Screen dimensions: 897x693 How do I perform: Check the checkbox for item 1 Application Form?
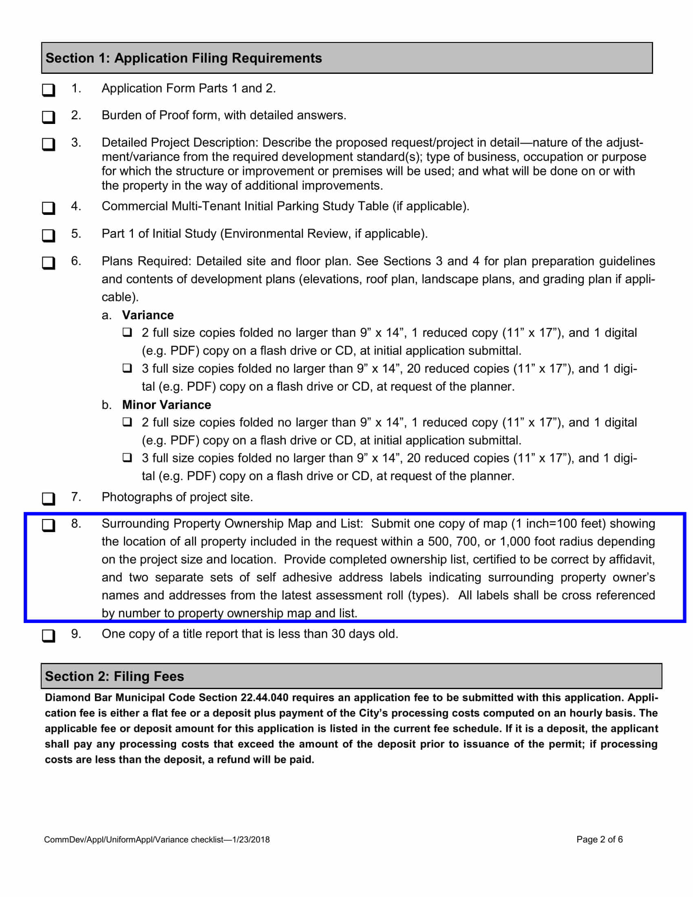click(49, 90)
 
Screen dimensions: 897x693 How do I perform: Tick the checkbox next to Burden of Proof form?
click(49, 117)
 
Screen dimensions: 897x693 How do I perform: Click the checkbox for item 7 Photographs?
click(49, 499)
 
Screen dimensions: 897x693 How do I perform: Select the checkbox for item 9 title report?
click(49, 635)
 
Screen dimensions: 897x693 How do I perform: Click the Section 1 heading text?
click(183, 58)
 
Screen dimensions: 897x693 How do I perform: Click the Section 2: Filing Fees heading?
click(115, 676)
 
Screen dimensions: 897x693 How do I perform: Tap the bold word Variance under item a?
click(148, 315)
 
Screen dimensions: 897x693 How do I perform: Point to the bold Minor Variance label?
click(166, 404)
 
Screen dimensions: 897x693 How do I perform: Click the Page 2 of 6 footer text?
click(599, 840)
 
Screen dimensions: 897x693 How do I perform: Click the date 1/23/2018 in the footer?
click(251, 840)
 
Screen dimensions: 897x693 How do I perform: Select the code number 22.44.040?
click(265, 698)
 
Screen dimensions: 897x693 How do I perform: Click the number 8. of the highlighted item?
click(76, 523)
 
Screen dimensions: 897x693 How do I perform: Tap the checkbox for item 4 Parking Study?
click(49, 208)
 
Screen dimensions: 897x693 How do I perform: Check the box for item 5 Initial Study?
click(49, 235)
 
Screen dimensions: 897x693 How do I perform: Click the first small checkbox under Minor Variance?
click(127, 422)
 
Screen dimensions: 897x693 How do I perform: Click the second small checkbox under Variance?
click(127, 368)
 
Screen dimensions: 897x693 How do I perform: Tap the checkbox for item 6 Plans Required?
click(49, 263)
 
